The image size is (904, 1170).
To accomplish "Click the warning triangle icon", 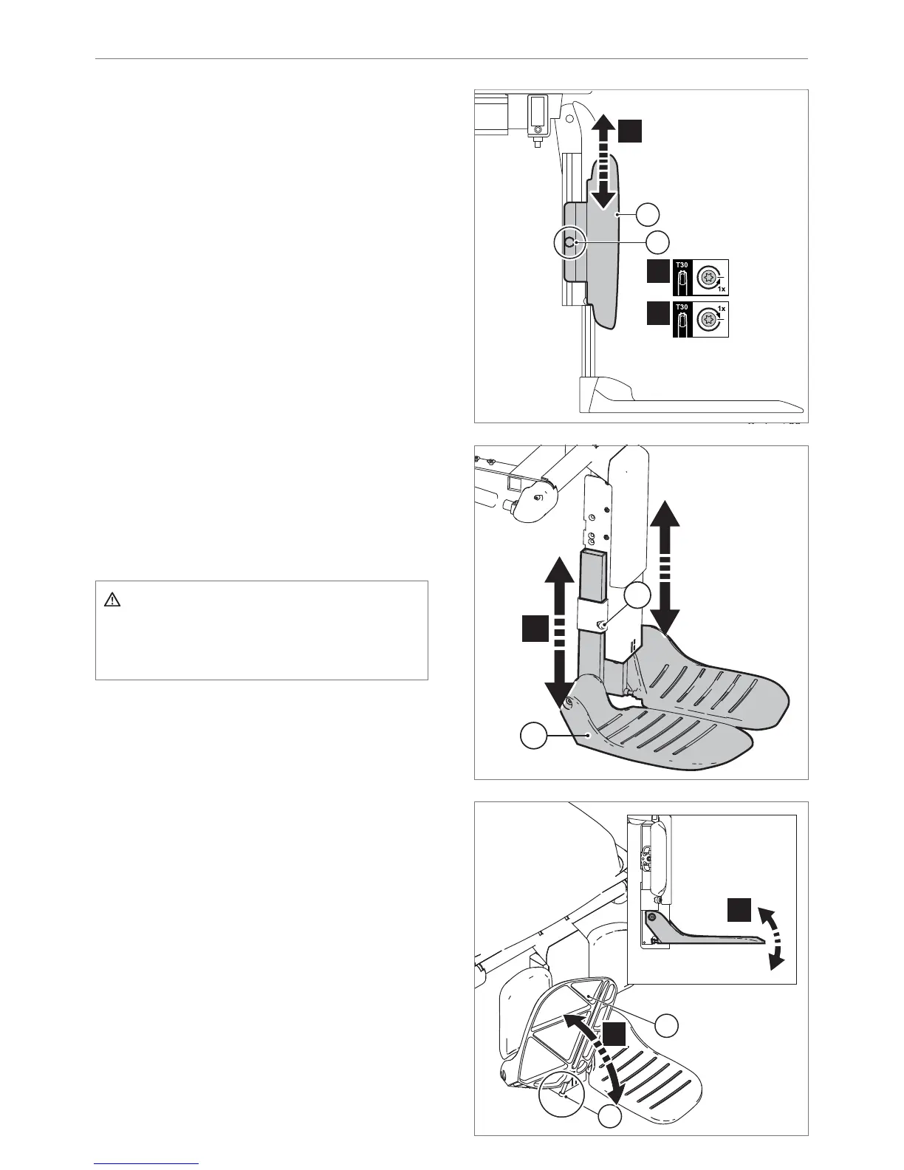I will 112,600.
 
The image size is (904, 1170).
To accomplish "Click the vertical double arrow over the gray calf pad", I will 603,162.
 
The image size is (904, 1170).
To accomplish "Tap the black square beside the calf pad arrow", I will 630,131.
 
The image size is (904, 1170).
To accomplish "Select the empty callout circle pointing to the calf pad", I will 648,214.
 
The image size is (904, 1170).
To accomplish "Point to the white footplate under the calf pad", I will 687,399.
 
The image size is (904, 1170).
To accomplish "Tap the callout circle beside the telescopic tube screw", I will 637,597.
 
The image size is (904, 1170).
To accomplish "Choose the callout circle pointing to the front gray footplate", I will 534,736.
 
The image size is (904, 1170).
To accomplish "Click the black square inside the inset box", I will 739,909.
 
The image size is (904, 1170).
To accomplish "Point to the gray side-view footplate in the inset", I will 702,934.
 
